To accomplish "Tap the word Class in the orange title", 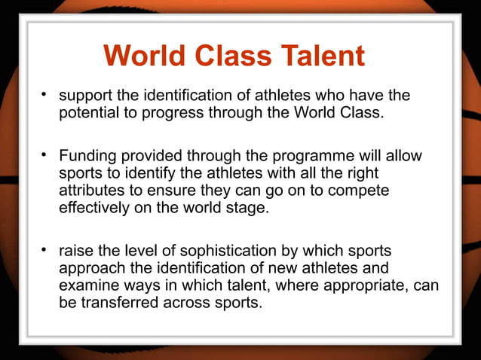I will (229, 56).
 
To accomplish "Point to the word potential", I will (87, 114).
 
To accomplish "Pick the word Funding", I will (87, 157).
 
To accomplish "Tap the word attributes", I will (90, 191).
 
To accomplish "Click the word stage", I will (248, 209).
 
